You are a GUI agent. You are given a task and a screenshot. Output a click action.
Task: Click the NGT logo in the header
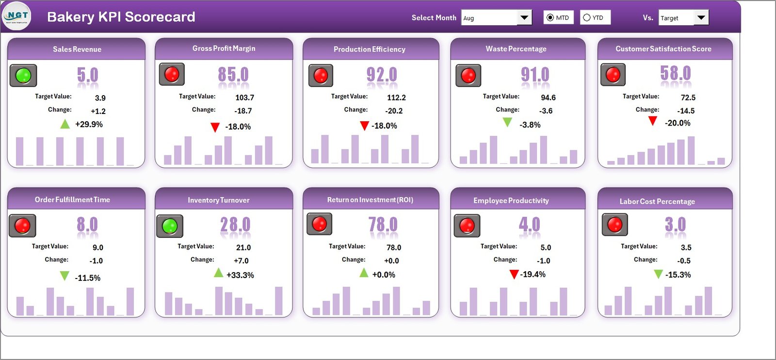(16, 16)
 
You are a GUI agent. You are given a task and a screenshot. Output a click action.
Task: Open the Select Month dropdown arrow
(524, 18)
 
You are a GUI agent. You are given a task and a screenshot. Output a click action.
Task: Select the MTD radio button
(550, 17)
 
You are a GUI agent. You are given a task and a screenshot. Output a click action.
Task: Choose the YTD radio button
(587, 17)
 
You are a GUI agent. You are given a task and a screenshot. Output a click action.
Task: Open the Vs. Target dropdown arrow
(701, 18)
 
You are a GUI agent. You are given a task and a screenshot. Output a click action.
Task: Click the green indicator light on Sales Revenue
(23, 75)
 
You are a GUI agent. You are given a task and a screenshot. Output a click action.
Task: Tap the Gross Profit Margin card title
(224, 49)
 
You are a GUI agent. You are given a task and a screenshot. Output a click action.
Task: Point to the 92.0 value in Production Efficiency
(381, 75)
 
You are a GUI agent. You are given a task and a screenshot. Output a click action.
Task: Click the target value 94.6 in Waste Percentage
(548, 98)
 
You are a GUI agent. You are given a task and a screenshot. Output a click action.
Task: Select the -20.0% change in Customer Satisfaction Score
(678, 123)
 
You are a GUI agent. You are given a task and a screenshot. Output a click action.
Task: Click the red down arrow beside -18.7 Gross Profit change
(215, 127)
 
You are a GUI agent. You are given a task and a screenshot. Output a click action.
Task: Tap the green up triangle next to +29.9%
(65, 124)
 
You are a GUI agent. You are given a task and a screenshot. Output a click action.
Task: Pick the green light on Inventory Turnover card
(170, 226)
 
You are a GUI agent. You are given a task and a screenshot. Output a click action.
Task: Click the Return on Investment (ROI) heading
(370, 200)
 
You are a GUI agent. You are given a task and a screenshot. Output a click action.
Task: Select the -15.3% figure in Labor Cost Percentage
(678, 275)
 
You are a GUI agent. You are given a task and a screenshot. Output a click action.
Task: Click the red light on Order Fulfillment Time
(22, 225)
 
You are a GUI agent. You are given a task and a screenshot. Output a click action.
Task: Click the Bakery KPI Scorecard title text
(121, 16)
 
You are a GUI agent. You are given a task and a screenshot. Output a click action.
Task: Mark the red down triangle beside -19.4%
(514, 275)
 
